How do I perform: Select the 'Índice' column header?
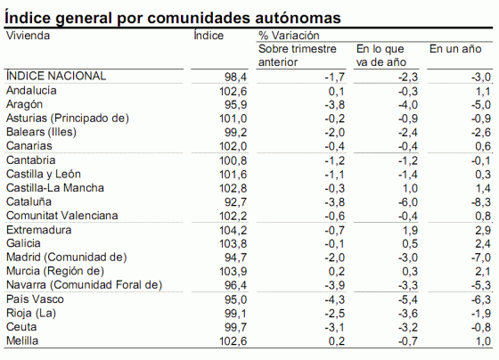point(207,36)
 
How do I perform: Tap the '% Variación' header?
point(288,36)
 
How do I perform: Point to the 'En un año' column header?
point(455,49)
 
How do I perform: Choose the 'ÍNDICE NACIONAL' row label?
point(55,77)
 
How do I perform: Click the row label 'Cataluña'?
point(29,202)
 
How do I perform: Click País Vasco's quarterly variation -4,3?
point(333,299)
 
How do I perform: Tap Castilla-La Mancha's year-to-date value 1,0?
point(409,188)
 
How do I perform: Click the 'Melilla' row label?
point(24,340)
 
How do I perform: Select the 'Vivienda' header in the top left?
point(28,36)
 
